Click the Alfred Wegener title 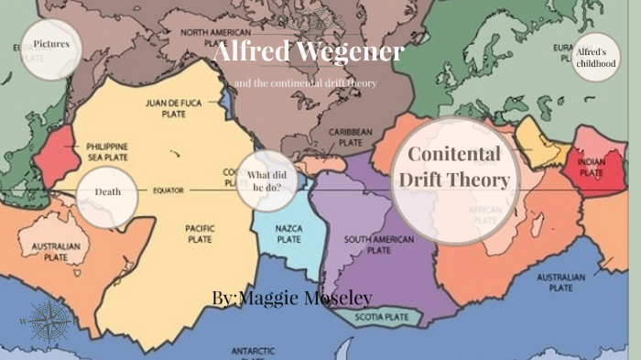(308, 52)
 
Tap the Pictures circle (51, 43)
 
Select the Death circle (108, 192)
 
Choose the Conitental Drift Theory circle (453, 168)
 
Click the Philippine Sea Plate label (106, 152)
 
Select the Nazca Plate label (288, 235)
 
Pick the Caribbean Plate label (352, 138)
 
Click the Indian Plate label (591, 167)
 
